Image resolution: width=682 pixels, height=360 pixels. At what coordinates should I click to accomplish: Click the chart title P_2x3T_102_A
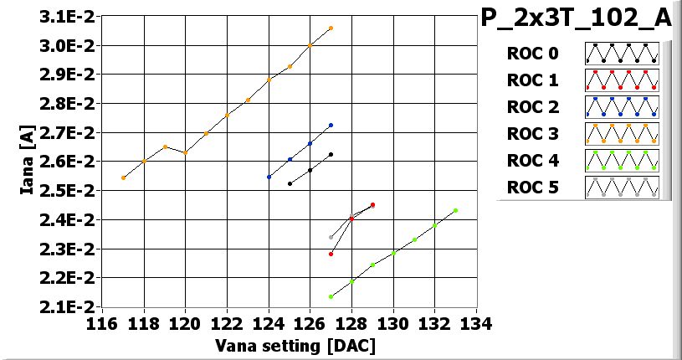(577, 18)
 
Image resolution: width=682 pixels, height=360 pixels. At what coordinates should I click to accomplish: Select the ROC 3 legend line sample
(622, 134)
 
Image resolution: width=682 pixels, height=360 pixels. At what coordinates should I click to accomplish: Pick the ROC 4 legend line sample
(622, 161)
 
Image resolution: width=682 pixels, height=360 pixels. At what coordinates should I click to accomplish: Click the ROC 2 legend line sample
(622, 107)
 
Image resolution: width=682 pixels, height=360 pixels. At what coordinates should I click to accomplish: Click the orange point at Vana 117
(123, 177)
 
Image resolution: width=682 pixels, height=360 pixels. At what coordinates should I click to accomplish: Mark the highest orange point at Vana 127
(331, 28)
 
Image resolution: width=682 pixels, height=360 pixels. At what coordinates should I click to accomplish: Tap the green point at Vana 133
(455, 210)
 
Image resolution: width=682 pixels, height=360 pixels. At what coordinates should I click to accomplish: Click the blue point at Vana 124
(269, 177)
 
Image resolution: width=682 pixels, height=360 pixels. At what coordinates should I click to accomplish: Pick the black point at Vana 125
(290, 183)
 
